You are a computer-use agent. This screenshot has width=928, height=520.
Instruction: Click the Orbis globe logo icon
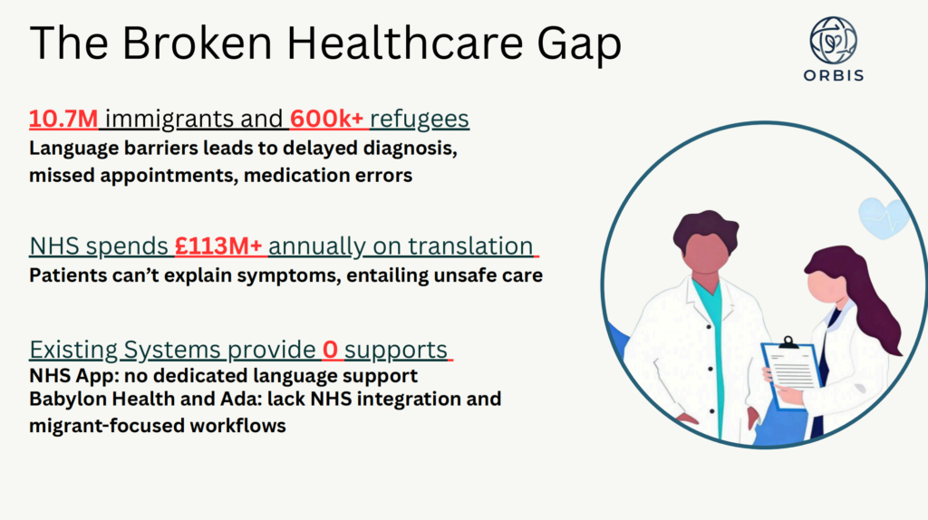tap(834, 40)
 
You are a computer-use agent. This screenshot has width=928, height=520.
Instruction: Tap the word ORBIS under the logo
tap(834, 75)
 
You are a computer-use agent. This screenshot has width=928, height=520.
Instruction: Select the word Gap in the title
tap(579, 44)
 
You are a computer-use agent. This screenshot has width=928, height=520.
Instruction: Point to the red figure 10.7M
tap(63, 119)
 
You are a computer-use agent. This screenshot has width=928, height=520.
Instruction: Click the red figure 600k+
tap(326, 119)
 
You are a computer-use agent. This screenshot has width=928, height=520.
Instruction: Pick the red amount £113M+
tap(218, 246)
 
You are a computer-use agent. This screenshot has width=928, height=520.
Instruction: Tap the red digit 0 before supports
tap(330, 350)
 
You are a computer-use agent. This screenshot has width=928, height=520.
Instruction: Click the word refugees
tap(420, 120)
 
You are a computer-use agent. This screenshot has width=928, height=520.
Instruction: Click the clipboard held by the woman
tap(790, 371)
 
